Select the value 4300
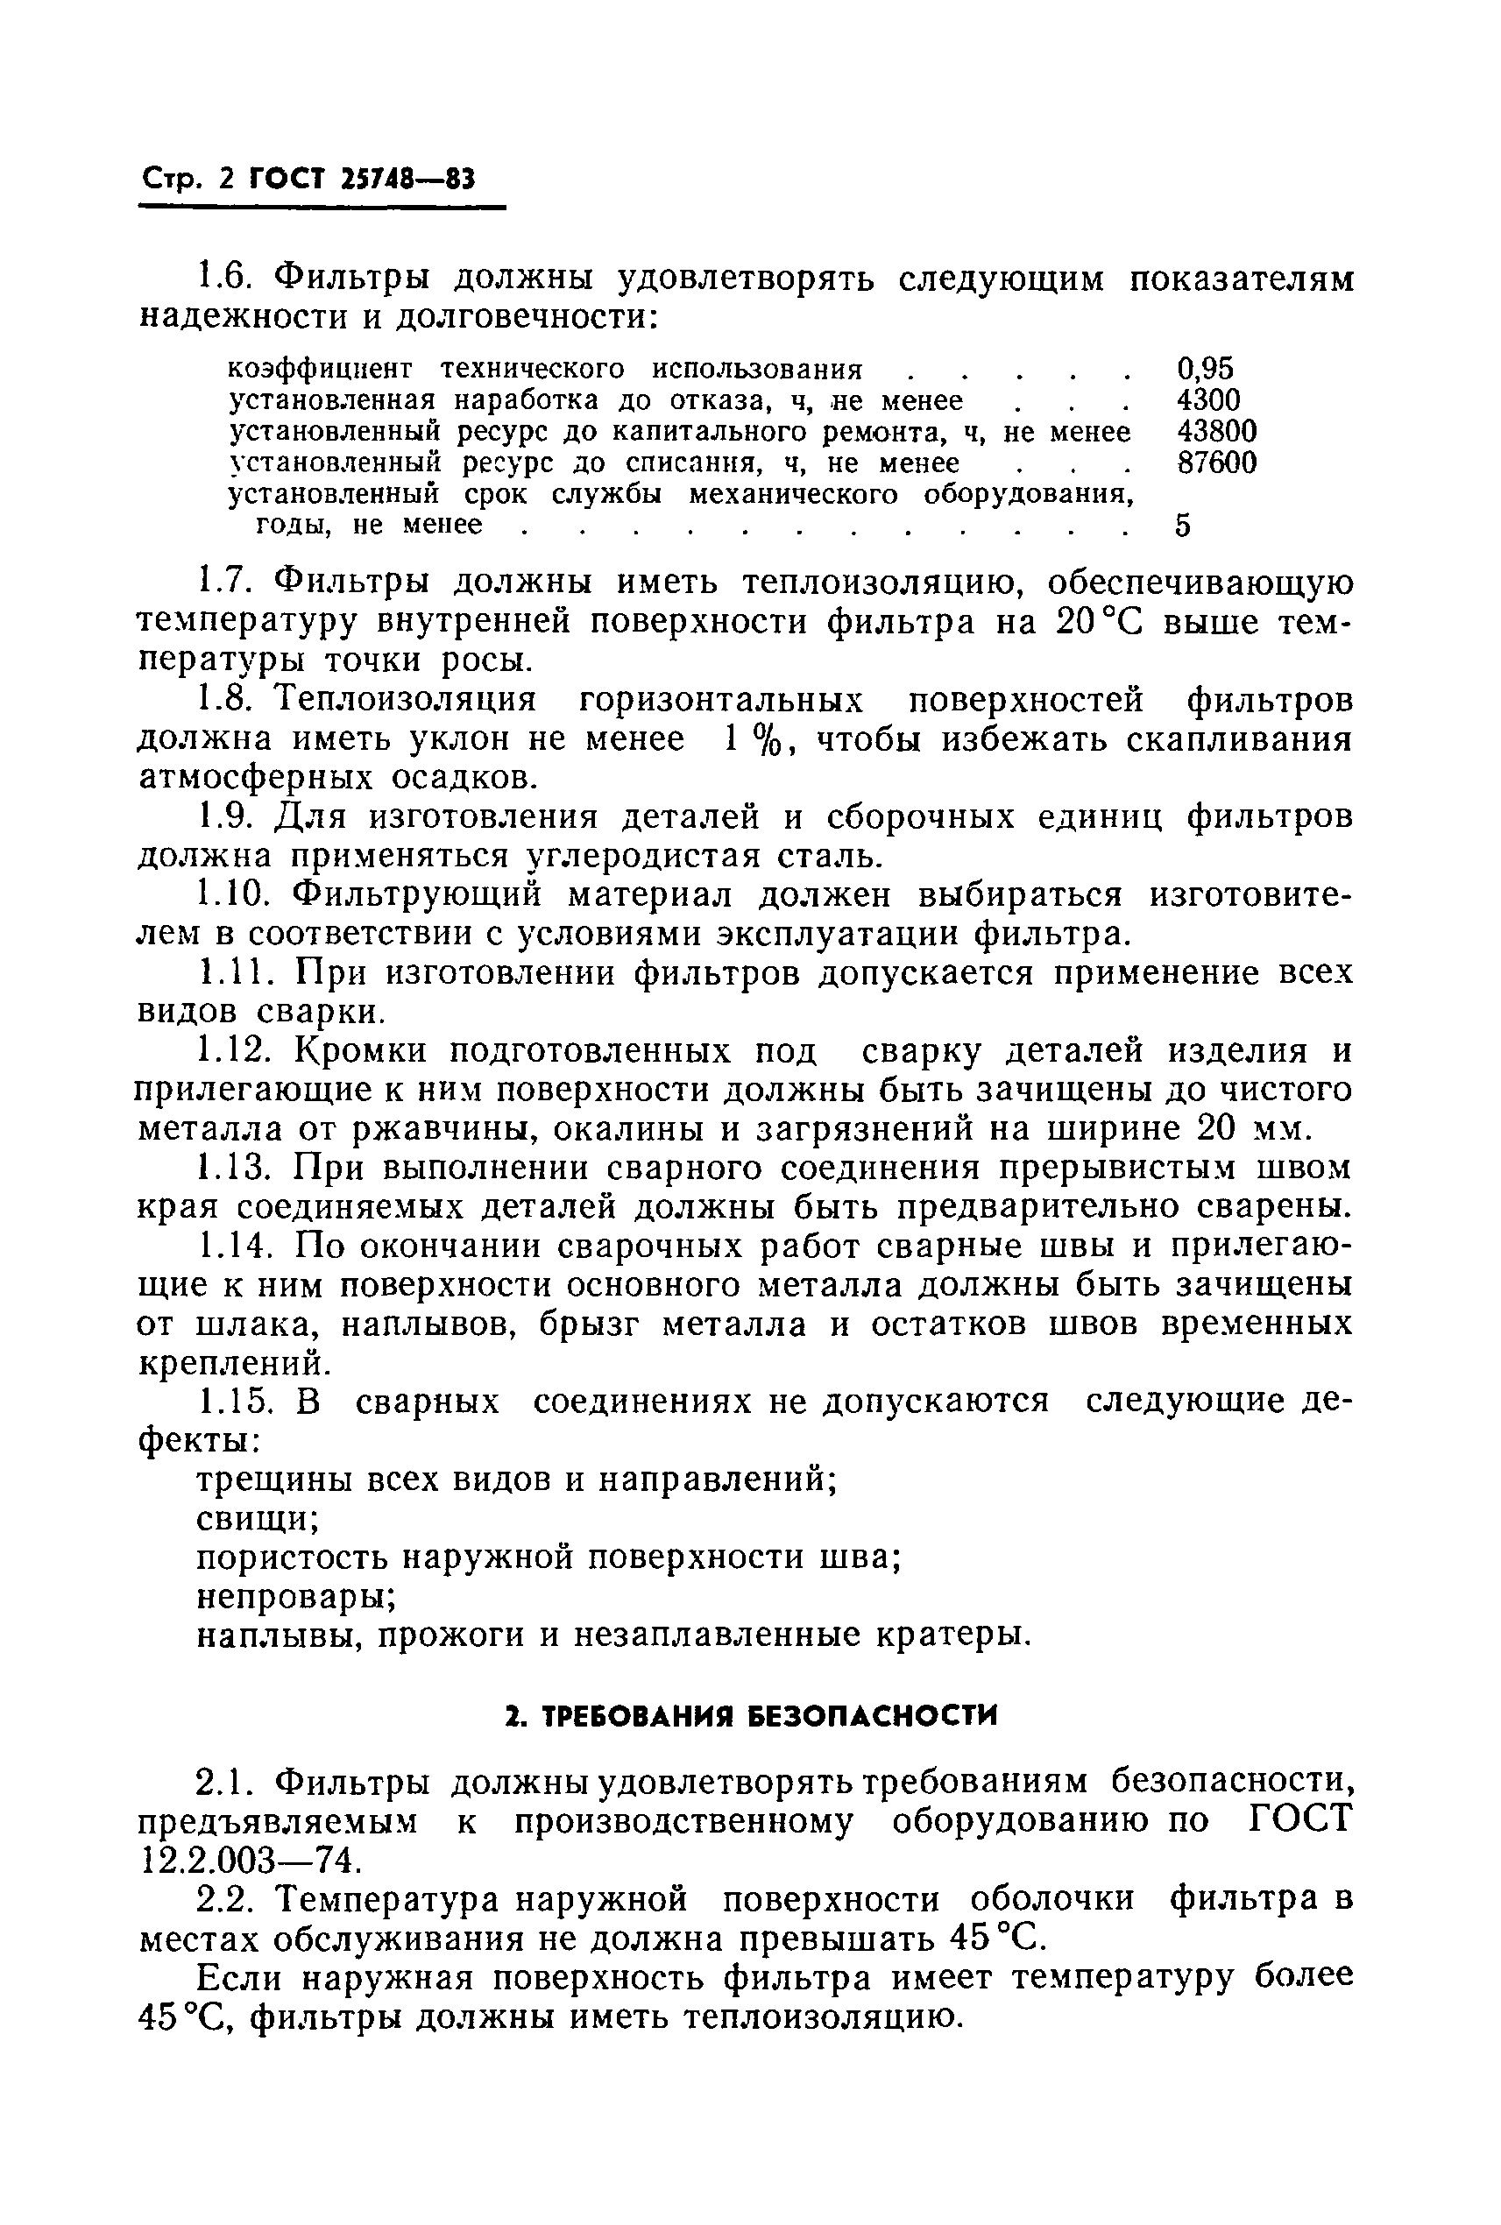(x=1207, y=400)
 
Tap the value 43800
(x=1215, y=432)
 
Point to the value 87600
(x=1215, y=463)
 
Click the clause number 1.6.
(x=227, y=279)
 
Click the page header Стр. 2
(x=187, y=180)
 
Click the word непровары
(x=297, y=1597)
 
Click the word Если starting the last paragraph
(x=240, y=1977)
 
